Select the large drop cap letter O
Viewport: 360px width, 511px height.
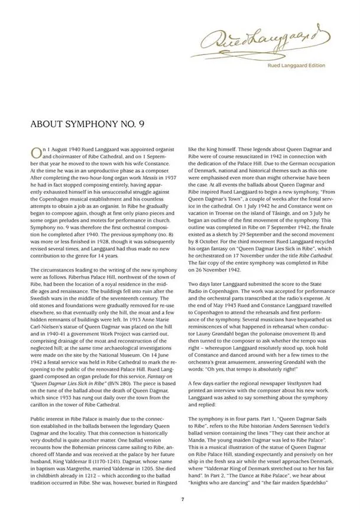35,153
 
